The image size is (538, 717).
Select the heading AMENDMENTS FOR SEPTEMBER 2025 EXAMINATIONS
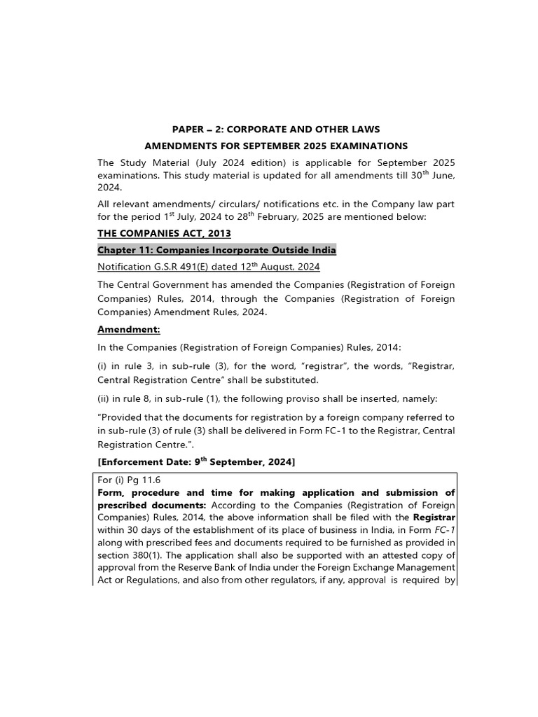[x=276, y=146]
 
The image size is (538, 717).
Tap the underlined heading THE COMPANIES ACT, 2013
[x=164, y=233]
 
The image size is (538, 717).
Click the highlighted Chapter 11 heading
[x=216, y=250]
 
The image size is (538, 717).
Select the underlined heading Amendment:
[x=129, y=329]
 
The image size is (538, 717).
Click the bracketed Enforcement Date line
[x=196, y=462]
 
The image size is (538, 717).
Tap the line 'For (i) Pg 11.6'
[x=129, y=480]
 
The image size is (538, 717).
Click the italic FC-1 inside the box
[x=446, y=530]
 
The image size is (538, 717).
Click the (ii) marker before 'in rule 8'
[x=103, y=398]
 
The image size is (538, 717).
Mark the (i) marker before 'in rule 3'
[x=102, y=367]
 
